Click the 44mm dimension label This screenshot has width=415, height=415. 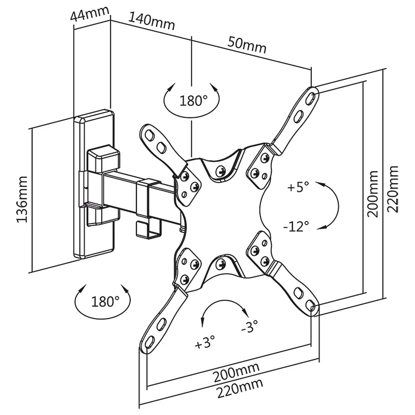(87, 13)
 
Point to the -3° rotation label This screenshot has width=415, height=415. (249, 327)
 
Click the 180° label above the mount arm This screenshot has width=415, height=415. (193, 101)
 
